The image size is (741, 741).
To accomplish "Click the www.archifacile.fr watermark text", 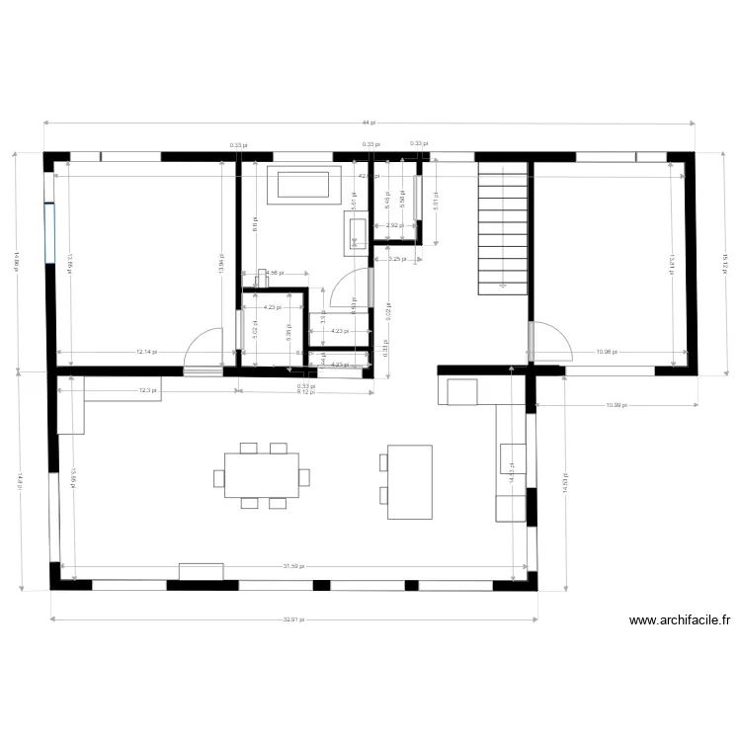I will coord(680,620).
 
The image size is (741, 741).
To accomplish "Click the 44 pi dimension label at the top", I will coord(368,122).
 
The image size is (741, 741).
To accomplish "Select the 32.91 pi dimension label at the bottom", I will coord(293,620).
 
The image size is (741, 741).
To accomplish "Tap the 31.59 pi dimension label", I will coord(293,566).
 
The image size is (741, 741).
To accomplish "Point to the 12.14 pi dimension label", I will coord(146,352).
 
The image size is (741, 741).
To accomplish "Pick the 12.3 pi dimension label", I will coord(148,390).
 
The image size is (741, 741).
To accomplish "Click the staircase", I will coord(504,229).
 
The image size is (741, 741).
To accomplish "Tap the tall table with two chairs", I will coord(409,481).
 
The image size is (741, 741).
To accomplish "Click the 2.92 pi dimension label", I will coord(392,225).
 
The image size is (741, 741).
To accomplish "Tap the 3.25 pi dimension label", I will coord(396,259).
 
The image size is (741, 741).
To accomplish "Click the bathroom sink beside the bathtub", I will coord(358,231).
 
